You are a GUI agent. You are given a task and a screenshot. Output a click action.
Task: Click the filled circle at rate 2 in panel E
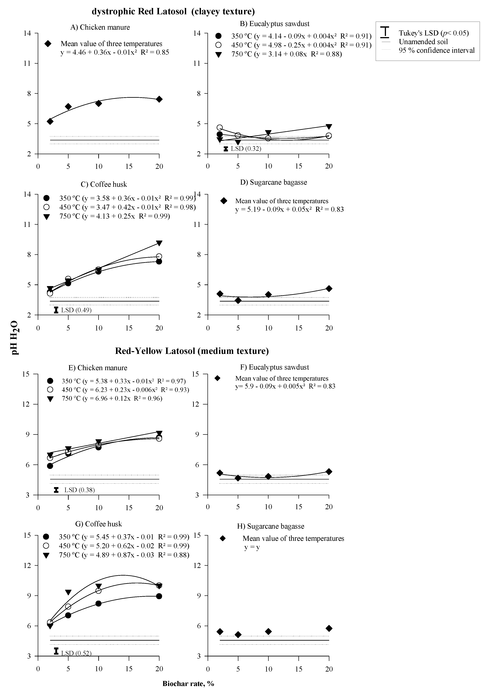pos(50,466)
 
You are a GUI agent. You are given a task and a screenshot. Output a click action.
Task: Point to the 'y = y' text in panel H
pos(252,547)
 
